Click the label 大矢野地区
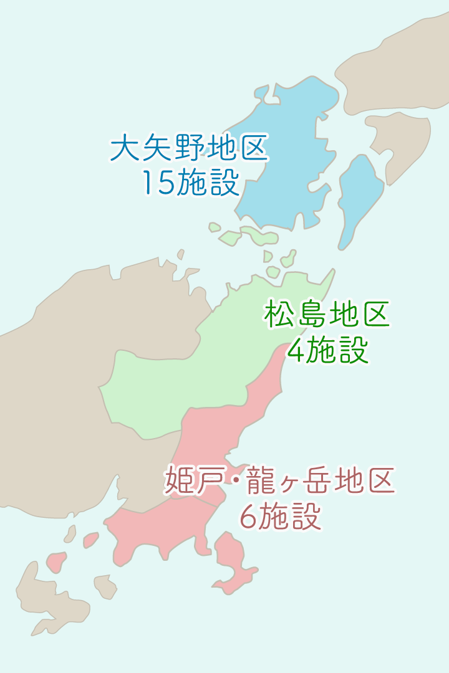(x=189, y=148)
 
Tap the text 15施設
(x=190, y=182)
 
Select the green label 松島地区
(x=327, y=314)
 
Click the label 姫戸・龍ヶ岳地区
(x=280, y=481)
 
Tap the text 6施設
(x=281, y=517)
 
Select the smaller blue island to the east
(x=359, y=193)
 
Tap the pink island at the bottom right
(x=234, y=561)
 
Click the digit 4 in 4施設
(x=296, y=351)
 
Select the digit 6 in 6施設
(x=248, y=517)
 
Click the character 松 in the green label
(x=278, y=314)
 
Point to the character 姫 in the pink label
(x=178, y=481)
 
